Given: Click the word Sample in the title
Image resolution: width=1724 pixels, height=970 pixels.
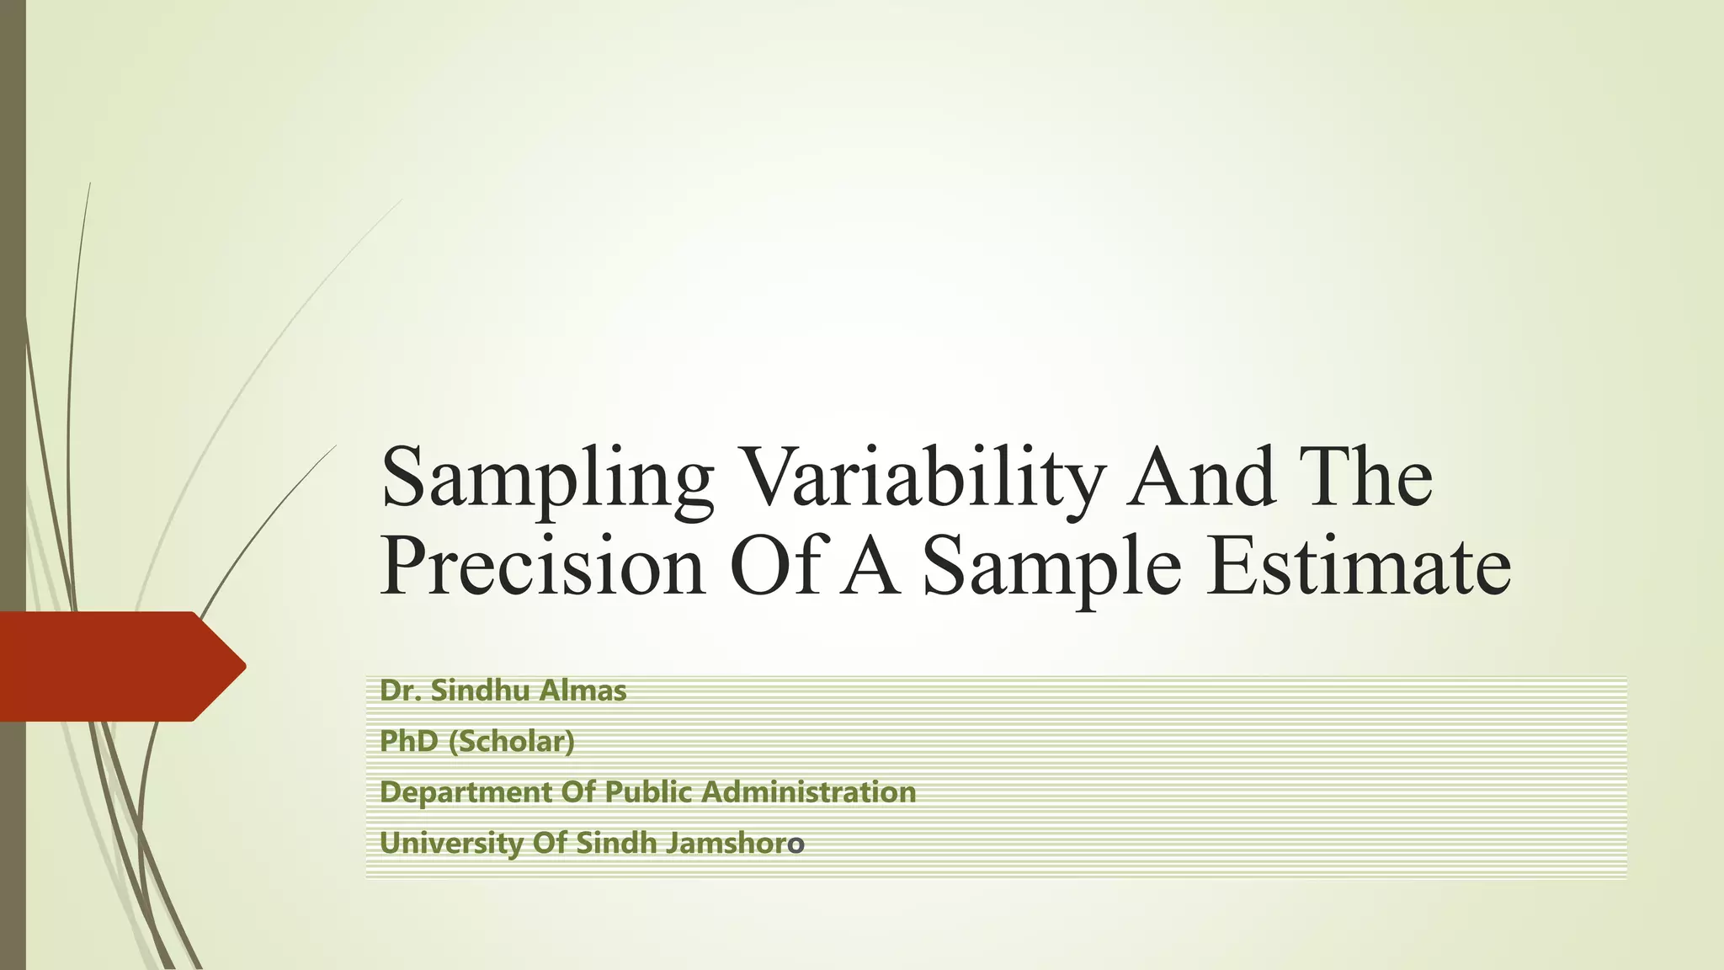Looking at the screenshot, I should (x=1051, y=568).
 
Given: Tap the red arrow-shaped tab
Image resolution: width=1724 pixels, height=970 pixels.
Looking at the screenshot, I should (x=122, y=666).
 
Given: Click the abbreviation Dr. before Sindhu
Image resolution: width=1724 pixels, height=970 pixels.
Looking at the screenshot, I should (x=400, y=691).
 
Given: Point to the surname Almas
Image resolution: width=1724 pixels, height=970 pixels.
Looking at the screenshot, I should (x=583, y=691).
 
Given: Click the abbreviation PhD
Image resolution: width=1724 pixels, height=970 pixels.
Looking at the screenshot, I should (x=409, y=742).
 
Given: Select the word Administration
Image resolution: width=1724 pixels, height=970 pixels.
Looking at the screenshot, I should (x=808, y=792).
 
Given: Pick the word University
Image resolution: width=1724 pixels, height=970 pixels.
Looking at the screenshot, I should (x=451, y=843).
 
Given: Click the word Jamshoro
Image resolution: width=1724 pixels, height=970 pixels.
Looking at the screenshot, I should (x=734, y=843).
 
